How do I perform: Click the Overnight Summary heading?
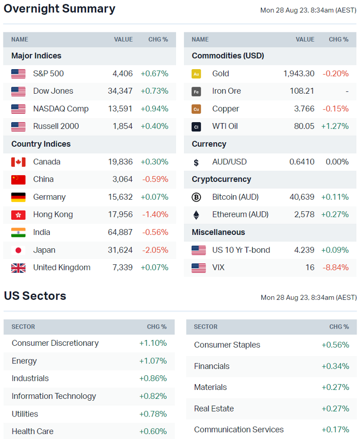tap(59, 9)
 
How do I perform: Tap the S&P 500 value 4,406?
tap(123, 74)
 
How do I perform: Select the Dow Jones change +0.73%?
tap(154, 91)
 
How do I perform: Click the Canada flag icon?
tap(18, 162)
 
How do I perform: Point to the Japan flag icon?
tap(18, 250)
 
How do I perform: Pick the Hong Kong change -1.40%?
tap(155, 215)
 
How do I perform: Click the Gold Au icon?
tap(196, 74)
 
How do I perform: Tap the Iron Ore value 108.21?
tap(302, 91)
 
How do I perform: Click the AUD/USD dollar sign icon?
tap(196, 162)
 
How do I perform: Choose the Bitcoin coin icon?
tap(196, 197)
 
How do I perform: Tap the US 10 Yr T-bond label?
tap(241, 250)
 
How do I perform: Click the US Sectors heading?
tap(35, 296)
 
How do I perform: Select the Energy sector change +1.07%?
tap(153, 361)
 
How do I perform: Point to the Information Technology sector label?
tap(54, 396)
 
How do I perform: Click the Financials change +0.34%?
tap(335, 366)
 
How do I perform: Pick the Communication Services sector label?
tap(239, 430)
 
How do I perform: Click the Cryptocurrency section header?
tap(221, 180)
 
